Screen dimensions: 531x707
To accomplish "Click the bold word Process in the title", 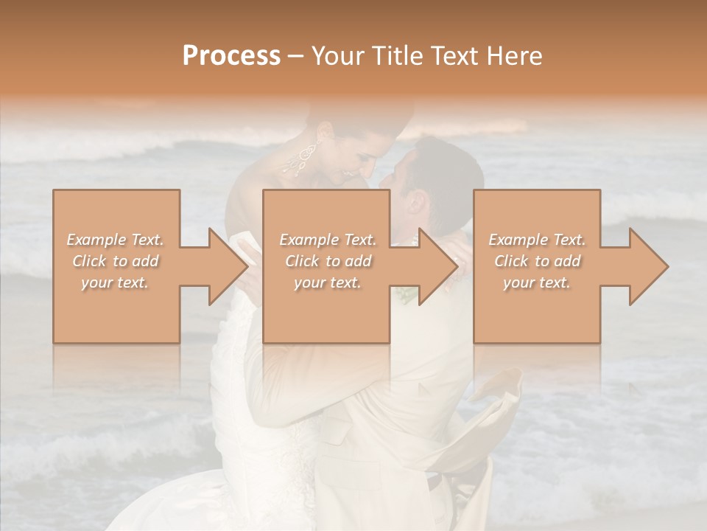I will pos(231,56).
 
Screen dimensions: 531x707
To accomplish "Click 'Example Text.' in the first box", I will pos(116,240).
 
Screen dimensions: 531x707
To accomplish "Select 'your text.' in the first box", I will pos(116,283).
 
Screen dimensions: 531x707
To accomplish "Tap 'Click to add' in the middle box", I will pos(328,261).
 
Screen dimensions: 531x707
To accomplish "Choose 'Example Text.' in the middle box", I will pos(328,240).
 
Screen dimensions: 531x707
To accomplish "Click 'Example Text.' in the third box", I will pos(537,240).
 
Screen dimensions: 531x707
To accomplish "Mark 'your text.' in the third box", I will pos(537,283).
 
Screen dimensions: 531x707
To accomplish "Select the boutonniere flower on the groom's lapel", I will pos(406,295).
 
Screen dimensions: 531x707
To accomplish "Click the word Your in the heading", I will pos(337,56).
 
